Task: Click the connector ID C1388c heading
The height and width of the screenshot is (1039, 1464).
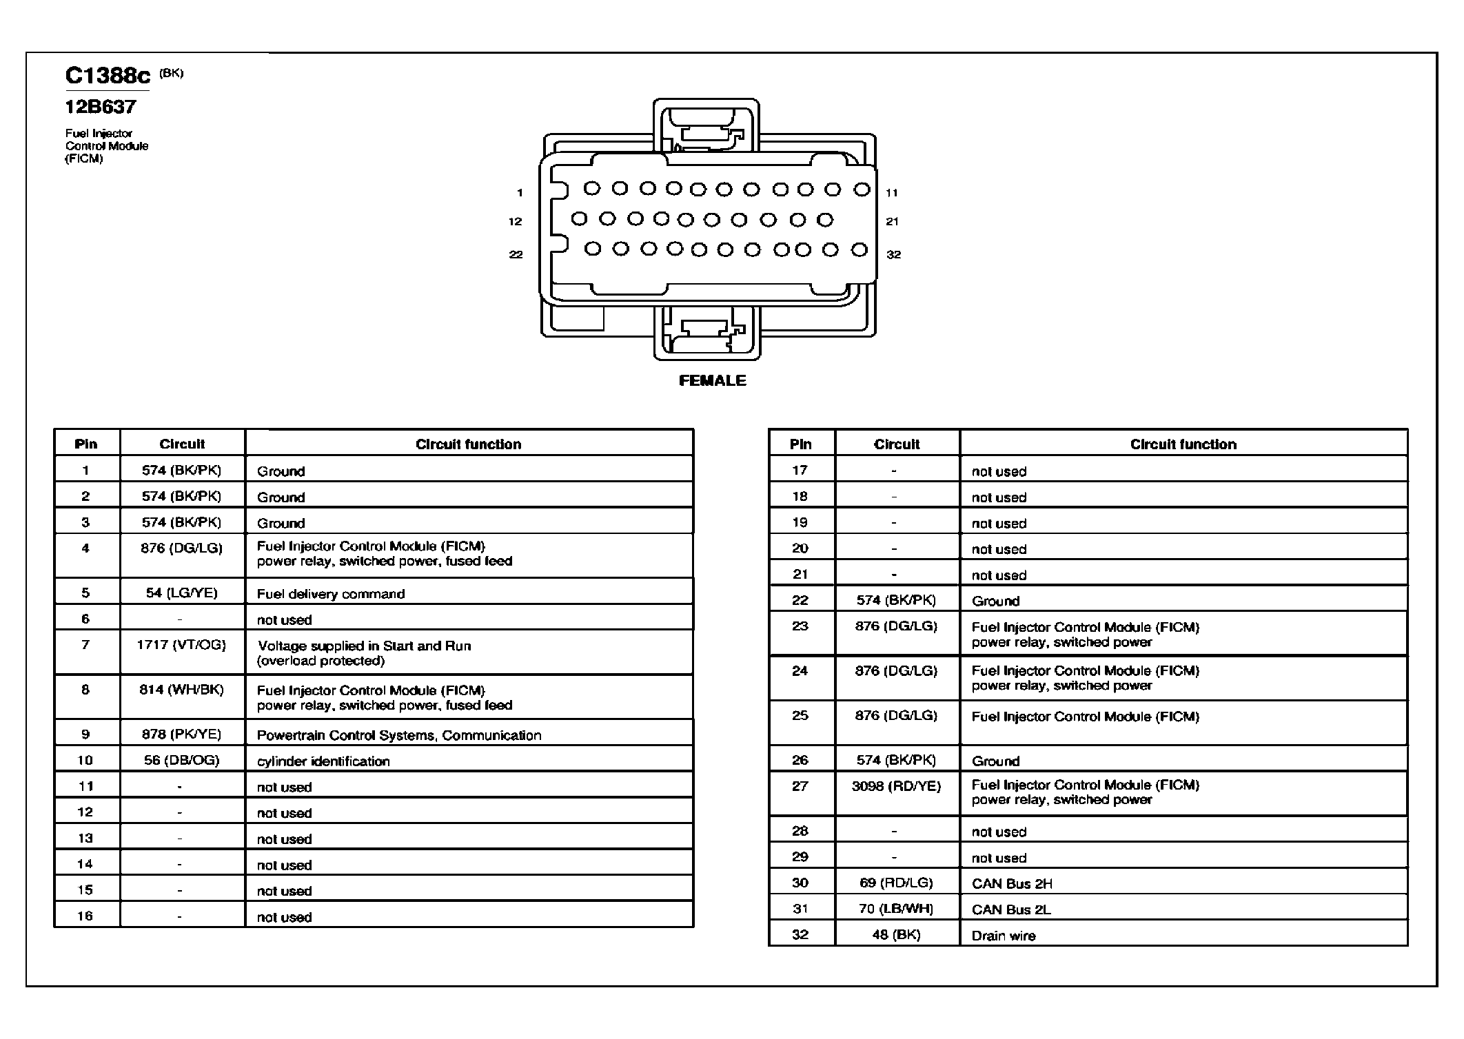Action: [108, 75]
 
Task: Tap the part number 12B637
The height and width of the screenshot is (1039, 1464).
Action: [101, 107]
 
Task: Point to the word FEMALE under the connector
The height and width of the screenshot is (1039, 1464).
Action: [712, 380]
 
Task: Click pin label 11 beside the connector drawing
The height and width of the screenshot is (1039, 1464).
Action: [892, 193]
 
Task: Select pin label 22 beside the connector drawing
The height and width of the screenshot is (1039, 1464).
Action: [516, 254]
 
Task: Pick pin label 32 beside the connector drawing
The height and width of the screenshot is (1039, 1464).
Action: [893, 254]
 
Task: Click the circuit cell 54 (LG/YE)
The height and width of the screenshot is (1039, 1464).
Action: [182, 593]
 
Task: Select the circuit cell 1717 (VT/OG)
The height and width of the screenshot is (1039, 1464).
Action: [181, 645]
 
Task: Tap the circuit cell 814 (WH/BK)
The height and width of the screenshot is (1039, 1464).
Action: [181, 689]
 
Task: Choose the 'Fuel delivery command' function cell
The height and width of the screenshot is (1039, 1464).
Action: [331, 594]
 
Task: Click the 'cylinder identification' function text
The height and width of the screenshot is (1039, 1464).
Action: [323, 761]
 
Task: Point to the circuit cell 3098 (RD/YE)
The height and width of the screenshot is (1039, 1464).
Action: [896, 785]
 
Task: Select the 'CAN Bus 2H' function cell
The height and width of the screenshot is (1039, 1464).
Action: [1012, 884]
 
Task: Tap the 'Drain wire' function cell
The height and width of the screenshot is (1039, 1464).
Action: [1004, 936]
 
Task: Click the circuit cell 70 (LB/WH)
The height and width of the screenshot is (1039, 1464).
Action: [896, 909]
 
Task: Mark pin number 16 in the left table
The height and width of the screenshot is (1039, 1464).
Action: [85, 916]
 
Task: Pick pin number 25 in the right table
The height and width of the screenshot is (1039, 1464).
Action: [800, 715]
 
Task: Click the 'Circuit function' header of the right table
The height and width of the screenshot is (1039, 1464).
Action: [1183, 444]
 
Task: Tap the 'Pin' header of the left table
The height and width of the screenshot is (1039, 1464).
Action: [86, 444]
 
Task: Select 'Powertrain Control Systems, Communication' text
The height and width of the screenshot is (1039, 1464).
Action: [399, 735]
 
